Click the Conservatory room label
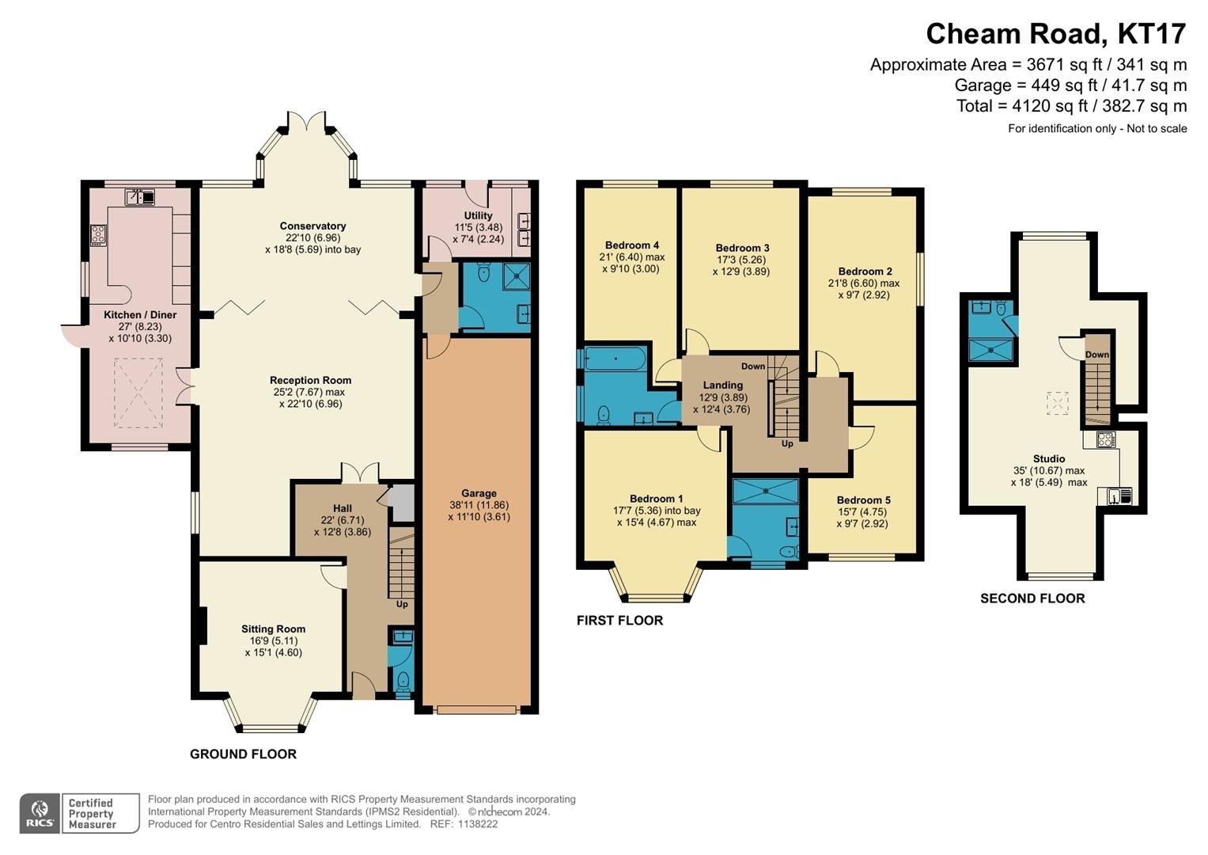[312, 226]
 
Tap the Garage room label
[479, 493]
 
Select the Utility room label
[478, 215]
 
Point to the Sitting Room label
[274, 629]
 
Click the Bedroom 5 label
[863, 500]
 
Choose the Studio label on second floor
[1049, 459]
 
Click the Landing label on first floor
[722, 386]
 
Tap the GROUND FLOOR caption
[243, 754]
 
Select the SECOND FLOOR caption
[1032, 598]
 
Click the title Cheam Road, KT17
[1056, 33]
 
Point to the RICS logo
[40, 814]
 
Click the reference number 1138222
[478, 824]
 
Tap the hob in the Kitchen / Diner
[98, 235]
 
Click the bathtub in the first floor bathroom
[615, 359]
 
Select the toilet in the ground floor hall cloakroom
[403, 682]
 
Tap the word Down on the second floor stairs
[1097, 355]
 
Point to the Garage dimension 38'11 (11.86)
[479, 505]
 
